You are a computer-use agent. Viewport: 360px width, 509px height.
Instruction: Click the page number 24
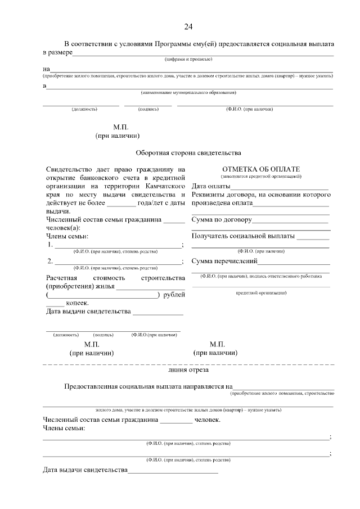[x=188, y=26]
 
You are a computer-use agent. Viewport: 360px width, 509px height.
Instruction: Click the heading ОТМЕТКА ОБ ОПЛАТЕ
[x=261, y=169]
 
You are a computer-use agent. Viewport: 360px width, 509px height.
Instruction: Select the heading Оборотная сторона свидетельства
[x=188, y=152]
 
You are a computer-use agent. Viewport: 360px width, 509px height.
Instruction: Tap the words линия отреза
[x=188, y=371]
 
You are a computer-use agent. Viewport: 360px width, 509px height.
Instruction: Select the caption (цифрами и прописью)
[x=188, y=59]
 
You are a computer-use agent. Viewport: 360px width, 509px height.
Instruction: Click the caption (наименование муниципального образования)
[x=188, y=92]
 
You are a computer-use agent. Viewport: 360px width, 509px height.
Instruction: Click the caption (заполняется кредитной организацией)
[x=261, y=177]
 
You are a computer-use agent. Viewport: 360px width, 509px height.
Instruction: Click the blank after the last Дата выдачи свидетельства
[x=173, y=471]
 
